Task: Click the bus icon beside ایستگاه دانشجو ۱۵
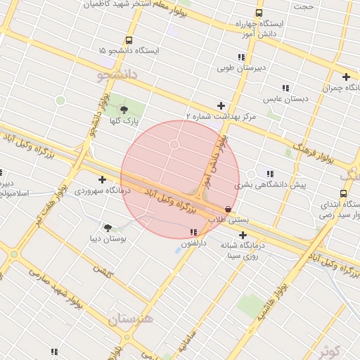(x=128, y=41)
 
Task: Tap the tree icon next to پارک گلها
(x=124, y=109)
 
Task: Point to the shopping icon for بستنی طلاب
(x=228, y=209)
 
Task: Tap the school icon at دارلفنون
(x=193, y=232)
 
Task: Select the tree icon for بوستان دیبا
(x=108, y=227)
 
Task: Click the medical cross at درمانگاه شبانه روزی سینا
(x=243, y=235)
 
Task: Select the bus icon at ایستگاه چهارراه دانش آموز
(x=259, y=13)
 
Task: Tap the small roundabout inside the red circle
(x=174, y=145)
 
